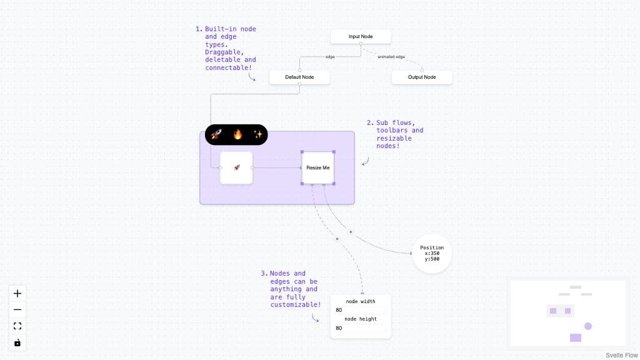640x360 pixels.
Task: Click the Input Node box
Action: click(361, 37)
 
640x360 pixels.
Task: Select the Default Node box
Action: click(299, 77)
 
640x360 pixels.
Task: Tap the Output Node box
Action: click(422, 77)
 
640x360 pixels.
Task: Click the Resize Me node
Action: click(317, 167)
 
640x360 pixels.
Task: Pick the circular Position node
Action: click(432, 253)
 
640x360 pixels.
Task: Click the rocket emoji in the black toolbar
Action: click(216, 134)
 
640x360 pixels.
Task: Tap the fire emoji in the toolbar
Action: click(237, 134)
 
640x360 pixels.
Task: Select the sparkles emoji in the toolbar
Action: click(257, 134)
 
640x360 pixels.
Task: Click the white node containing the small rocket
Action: click(236, 167)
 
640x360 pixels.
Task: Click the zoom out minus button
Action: click(17, 309)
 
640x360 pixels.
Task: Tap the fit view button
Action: click(17, 326)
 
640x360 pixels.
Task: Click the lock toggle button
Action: click(17, 342)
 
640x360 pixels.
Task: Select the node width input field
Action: click(361, 310)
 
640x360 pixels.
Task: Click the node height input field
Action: click(361, 327)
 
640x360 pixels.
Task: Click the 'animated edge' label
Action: click(391, 57)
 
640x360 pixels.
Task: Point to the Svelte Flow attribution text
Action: click(621, 355)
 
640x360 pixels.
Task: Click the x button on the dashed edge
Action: click(337, 239)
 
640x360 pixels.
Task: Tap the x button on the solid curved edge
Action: click(351, 232)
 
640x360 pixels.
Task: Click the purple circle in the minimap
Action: click(588, 326)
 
